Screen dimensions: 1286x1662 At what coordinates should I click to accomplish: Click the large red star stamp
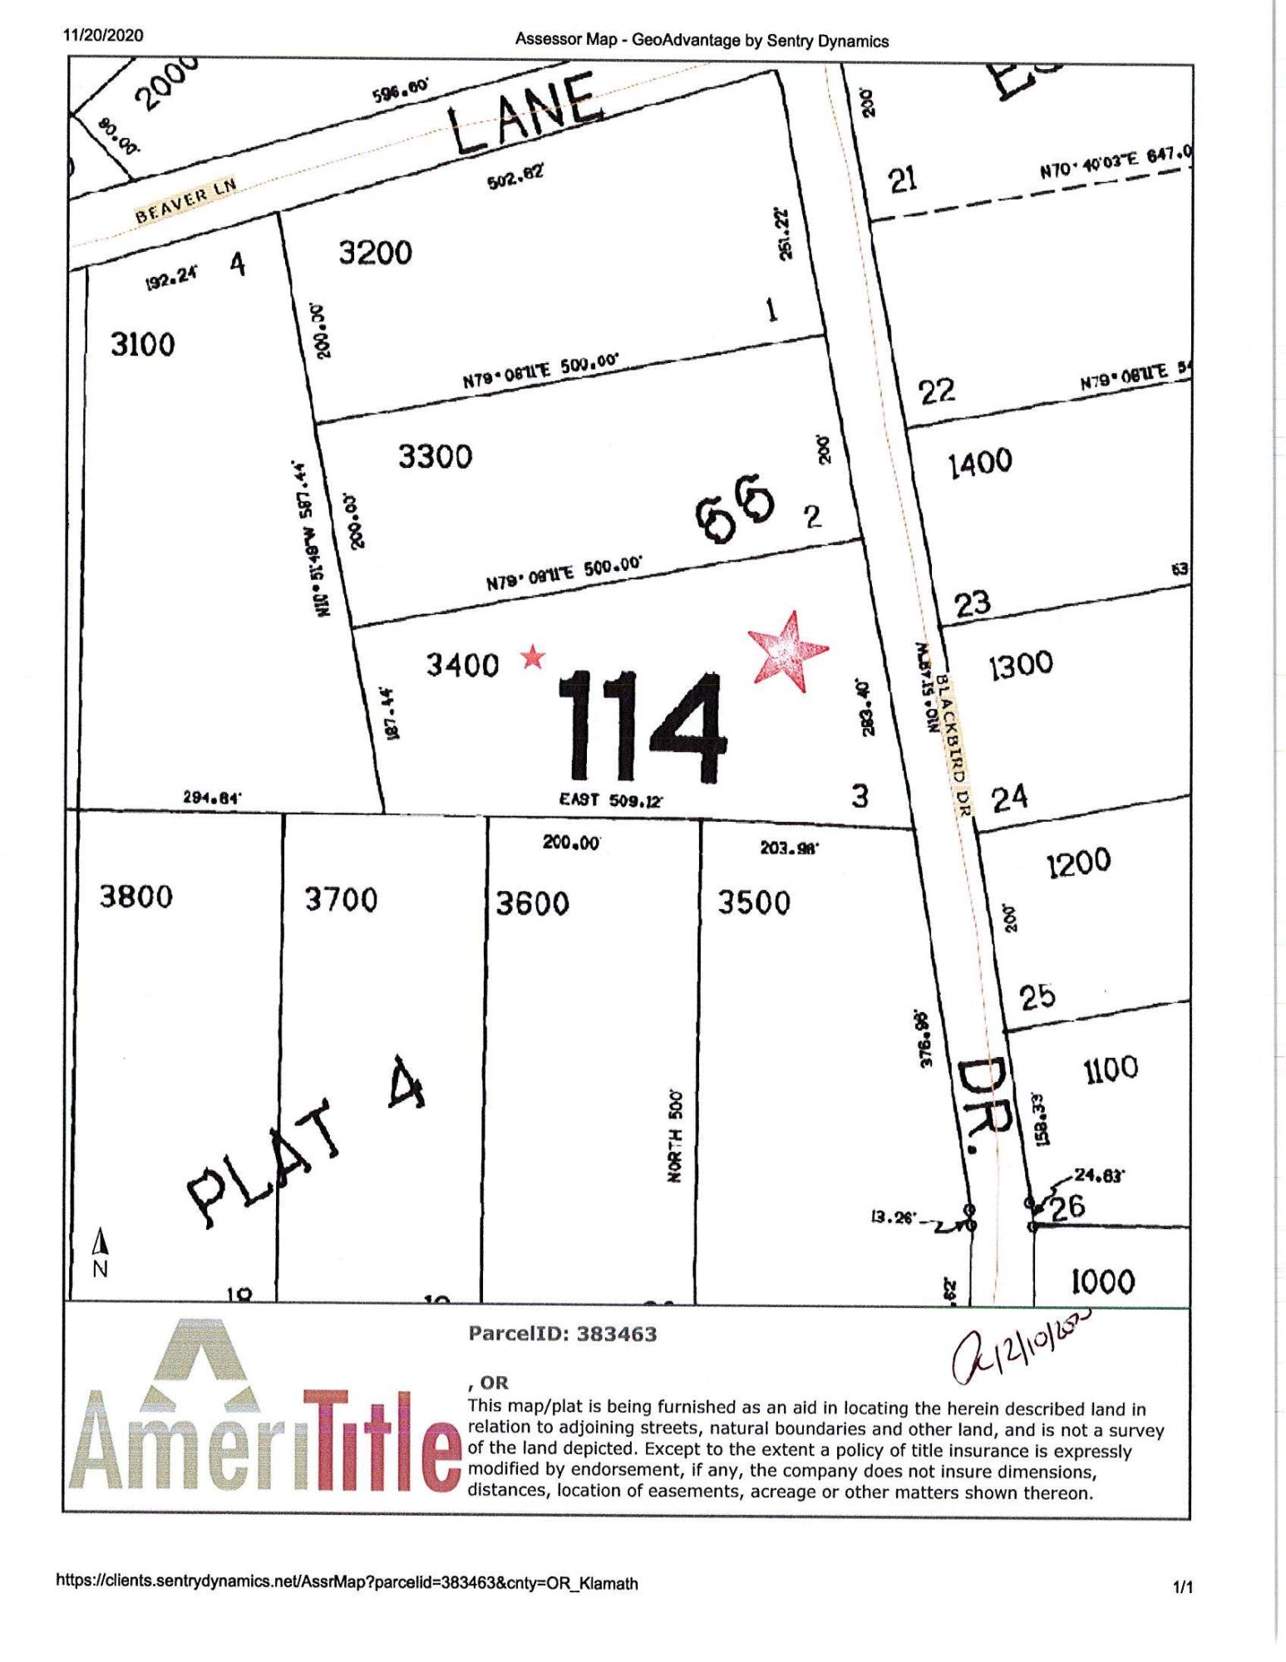(x=786, y=651)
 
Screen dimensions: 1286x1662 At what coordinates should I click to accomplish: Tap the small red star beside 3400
(x=533, y=658)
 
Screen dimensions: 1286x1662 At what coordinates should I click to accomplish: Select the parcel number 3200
(x=375, y=252)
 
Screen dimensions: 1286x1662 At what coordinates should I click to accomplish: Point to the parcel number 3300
(x=435, y=456)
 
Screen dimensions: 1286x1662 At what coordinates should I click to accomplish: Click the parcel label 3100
(x=143, y=344)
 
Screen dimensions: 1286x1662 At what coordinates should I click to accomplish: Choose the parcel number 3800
(x=136, y=897)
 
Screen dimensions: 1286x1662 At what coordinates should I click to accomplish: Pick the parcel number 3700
(x=341, y=899)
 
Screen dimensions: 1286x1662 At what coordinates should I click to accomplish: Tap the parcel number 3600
(x=532, y=903)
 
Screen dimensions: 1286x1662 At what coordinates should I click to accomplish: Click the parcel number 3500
(x=754, y=902)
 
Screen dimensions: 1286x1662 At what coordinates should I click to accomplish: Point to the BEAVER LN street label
(x=186, y=199)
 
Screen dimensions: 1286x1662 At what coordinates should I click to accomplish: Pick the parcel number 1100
(x=1111, y=1068)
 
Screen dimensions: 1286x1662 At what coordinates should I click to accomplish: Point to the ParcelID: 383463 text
(x=563, y=1334)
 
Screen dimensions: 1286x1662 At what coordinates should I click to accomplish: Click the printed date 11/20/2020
(x=103, y=36)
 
